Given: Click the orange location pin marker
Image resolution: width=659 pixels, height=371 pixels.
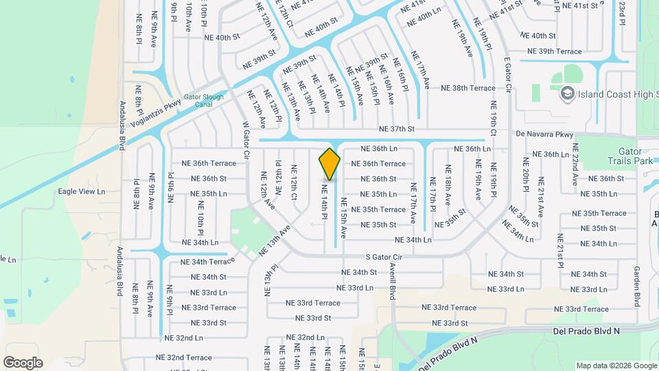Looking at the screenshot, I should (329, 164).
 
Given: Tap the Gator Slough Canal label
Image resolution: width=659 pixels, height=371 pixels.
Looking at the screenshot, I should (203, 101).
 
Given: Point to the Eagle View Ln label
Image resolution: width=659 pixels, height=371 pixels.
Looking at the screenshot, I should (82, 192).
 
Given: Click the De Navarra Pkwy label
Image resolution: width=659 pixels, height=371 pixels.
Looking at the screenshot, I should (544, 135).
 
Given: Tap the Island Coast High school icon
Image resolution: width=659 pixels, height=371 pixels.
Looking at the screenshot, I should (567, 93).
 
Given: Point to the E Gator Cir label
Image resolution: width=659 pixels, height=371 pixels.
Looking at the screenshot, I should (509, 75).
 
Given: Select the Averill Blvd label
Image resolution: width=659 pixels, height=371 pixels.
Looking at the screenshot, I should (393, 280).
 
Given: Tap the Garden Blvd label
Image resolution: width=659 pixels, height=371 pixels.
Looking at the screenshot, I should (637, 286).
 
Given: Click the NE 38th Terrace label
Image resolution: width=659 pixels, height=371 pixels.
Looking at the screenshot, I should (467, 88).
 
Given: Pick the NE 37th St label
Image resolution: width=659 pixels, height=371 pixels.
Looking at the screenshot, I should (397, 128).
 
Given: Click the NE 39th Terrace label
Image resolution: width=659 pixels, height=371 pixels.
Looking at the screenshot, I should (554, 52).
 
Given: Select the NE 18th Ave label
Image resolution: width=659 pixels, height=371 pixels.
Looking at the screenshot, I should (448, 186).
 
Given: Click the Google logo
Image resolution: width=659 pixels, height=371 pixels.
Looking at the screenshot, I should (23, 362).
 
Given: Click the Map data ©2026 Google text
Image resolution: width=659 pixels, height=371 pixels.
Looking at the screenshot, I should (616, 366).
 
